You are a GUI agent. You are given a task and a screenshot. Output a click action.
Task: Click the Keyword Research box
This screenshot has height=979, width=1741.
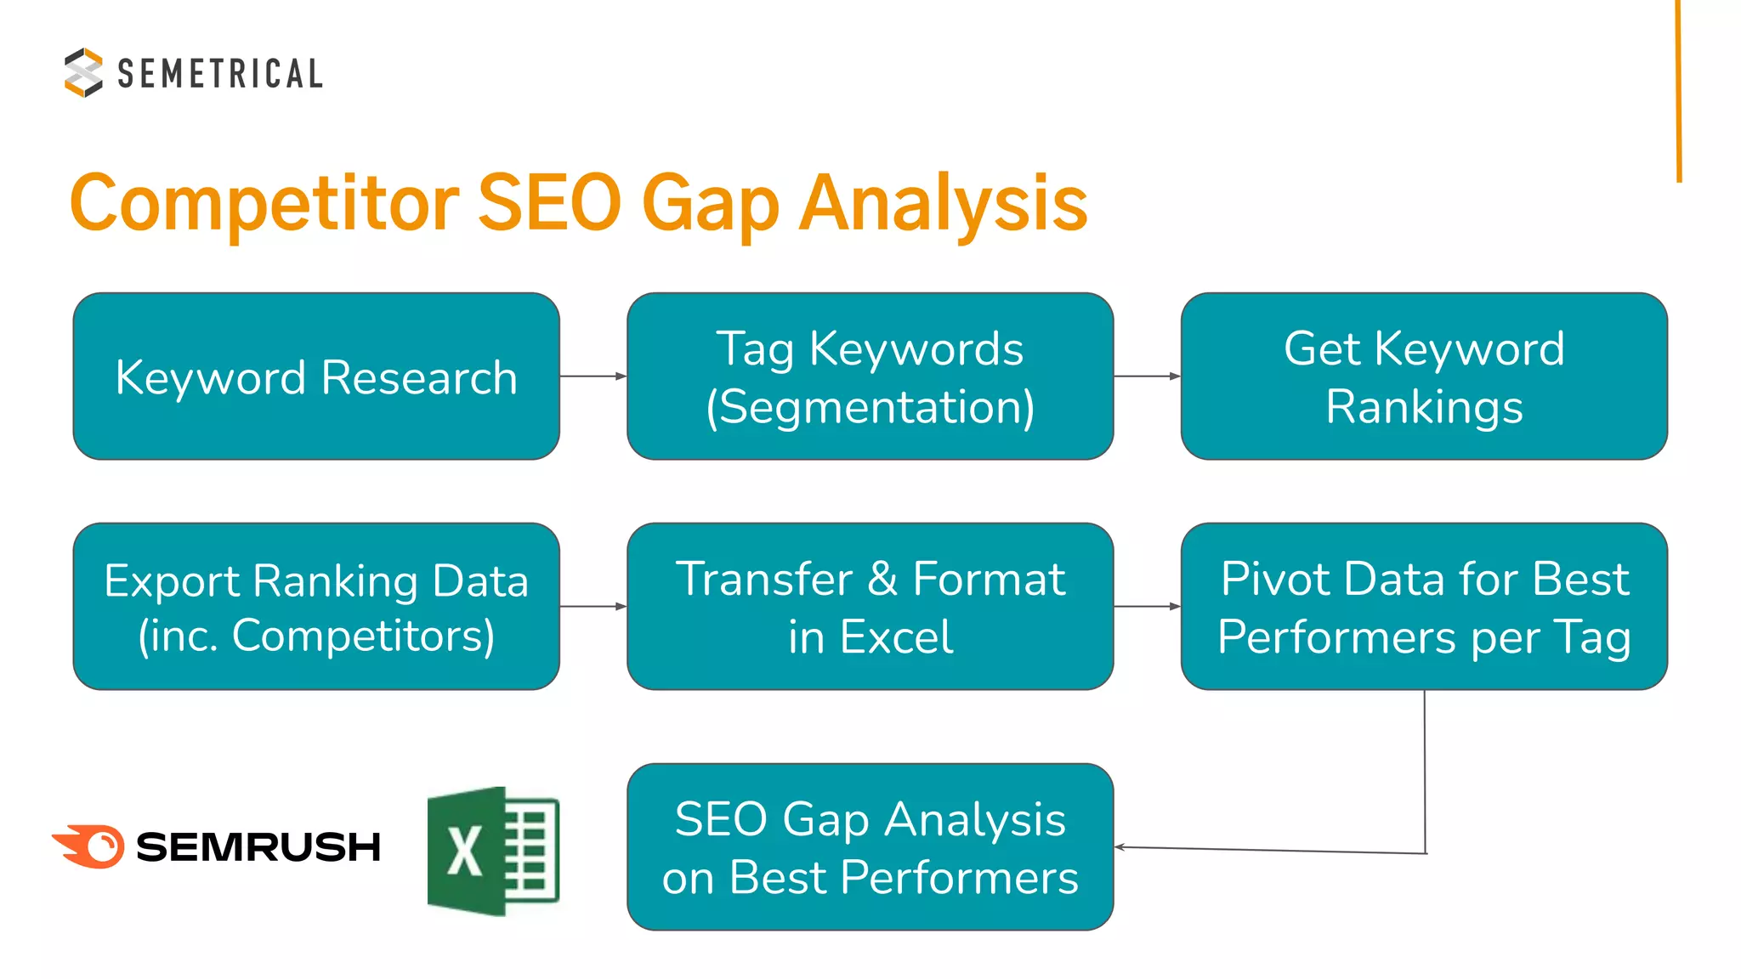click(316, 376)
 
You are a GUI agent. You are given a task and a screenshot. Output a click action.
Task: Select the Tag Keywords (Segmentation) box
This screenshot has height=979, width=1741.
click(870, 376)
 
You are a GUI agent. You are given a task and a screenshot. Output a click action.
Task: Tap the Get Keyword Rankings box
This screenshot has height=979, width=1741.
click(1424, 376)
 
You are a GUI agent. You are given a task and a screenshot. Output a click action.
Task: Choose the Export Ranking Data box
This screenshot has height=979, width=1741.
click(316, 607)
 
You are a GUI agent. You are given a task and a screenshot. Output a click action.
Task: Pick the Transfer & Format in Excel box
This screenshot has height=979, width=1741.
click(870, 607)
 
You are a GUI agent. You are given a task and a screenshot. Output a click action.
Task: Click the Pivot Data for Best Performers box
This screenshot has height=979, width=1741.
click(1424, 607)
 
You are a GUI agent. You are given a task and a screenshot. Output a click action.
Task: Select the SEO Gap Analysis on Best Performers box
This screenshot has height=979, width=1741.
click(870, 847)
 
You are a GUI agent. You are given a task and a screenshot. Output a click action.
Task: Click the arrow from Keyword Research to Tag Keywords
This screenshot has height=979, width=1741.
click(593, 376)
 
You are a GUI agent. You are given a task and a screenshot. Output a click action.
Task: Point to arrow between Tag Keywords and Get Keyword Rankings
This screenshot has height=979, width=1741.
click(1147, 376)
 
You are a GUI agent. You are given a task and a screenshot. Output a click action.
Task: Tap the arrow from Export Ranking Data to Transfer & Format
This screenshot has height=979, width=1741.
click(593, 607)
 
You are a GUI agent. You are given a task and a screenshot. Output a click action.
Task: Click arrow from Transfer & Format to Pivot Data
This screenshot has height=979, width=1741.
click(1147, 607)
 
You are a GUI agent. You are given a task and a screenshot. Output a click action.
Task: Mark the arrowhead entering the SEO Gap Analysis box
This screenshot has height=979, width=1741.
click(1120, 846)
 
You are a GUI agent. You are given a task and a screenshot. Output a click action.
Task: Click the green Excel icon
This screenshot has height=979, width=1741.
click(493, 851)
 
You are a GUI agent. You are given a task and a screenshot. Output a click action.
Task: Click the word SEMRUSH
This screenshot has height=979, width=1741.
click(258, 847)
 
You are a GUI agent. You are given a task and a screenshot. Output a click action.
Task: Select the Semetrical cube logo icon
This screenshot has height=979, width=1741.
click(83, 72)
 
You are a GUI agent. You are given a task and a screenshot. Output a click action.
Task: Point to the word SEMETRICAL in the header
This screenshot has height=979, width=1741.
click(220, 74)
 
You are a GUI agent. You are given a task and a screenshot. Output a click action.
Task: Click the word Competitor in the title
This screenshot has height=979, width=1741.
click(264, 203)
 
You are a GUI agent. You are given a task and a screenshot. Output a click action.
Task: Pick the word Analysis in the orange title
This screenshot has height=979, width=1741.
click(944, 203)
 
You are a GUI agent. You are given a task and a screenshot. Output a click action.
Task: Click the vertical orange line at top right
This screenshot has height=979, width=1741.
click(1679, 90)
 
